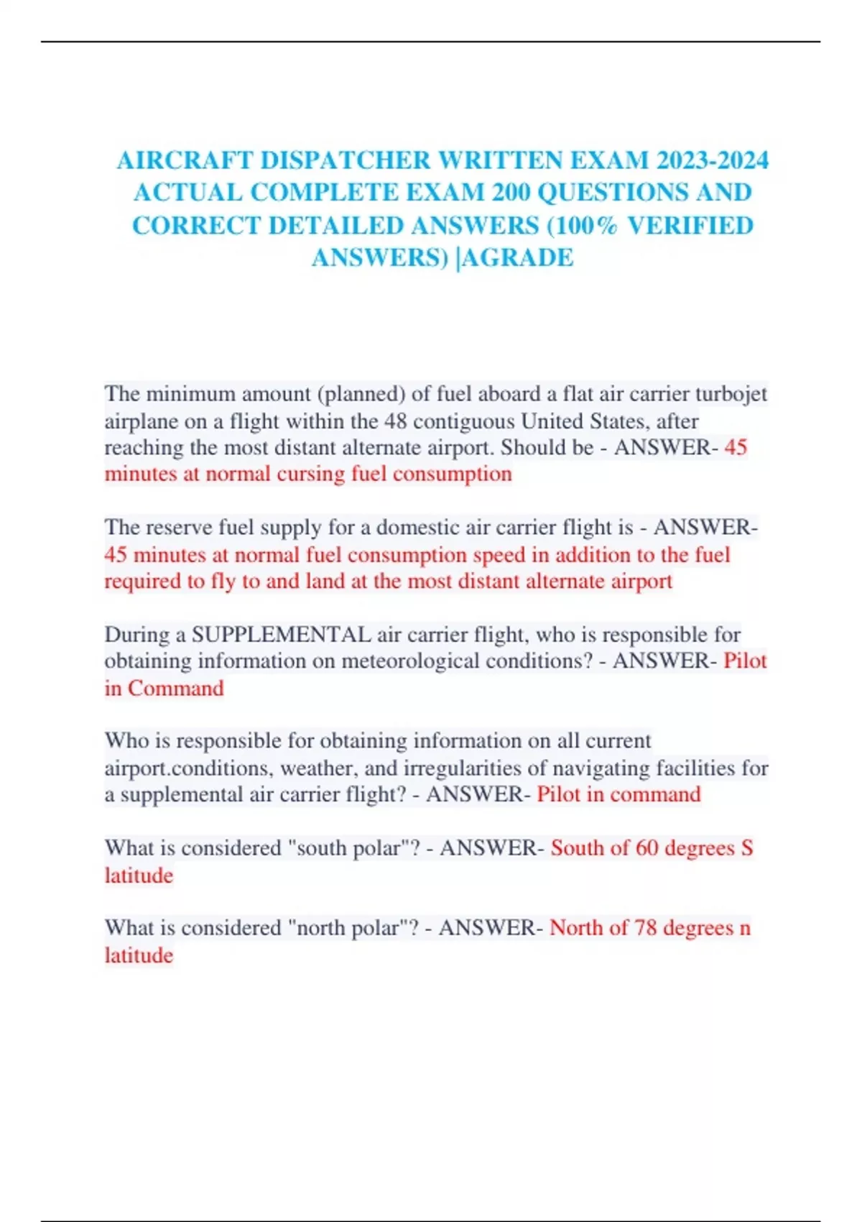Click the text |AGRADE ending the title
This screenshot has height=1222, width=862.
click(515, 257)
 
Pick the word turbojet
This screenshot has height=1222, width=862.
click(733, 394)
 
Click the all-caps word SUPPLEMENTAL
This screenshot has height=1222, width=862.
click(281, 634)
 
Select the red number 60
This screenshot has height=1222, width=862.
click(646, 847)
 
